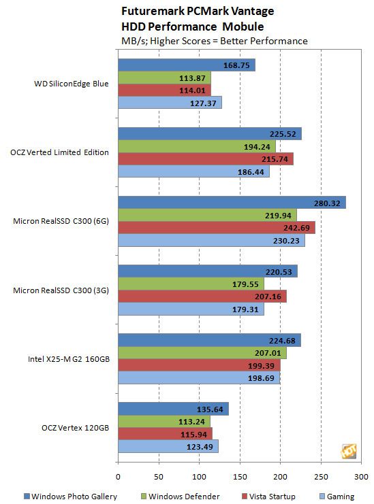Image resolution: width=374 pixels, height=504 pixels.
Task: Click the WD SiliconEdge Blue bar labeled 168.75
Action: [x=187, y=65]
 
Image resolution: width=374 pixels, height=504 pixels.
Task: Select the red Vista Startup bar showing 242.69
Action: [x=217, y=228]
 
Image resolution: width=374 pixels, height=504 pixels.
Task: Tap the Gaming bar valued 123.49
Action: [x=168, y=446]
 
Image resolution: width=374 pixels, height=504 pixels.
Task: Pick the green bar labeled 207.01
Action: [x=202, y=353]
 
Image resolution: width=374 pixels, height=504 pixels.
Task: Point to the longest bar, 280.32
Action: [x=232, y=203]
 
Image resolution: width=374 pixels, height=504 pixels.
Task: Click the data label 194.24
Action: [x=257, y=147]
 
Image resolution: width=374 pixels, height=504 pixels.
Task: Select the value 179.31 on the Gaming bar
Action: [x=245, y=309]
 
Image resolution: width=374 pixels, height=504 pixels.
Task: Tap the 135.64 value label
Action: [x=210, y=409]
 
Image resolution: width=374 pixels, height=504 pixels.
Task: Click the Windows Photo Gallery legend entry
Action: [x=70, y=497]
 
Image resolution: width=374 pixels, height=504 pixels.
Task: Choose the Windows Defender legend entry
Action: [x=181, y=497]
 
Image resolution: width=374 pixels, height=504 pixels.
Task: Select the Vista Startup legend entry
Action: [x=268, y=497]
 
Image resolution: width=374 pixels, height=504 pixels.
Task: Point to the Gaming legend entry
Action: [x=337, y=497]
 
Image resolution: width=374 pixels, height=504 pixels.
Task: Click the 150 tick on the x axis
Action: [x=240, y=476]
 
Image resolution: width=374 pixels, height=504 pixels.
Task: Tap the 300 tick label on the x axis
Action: [x=361, y=476]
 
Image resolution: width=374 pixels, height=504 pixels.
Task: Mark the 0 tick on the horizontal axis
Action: [x=118, y=476]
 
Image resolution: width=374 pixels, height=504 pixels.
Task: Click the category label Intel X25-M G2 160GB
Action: [x=69, y=359]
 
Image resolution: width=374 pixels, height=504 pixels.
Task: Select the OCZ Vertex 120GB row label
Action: [x=76, y=428]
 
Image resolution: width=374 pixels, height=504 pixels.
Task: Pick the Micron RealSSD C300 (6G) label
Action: [x=61, y=221]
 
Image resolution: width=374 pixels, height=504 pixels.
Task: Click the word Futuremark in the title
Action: [x=153, y=12]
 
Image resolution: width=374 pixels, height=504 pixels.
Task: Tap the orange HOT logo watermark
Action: [x=349, y=451]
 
